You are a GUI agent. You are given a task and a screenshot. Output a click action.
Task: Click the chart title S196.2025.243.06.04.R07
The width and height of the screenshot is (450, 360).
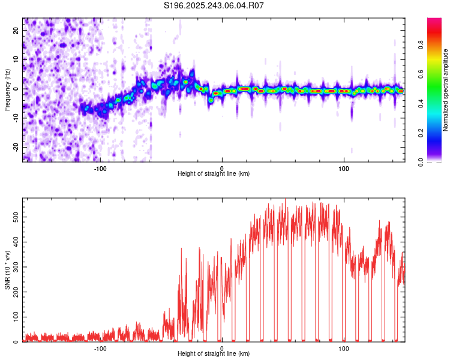[x=214, y=5]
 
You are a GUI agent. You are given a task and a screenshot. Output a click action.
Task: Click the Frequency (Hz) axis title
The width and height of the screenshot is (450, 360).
[x=7, y=90]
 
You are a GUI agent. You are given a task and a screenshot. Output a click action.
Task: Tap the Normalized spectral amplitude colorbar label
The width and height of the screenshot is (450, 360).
[x=446, y=90]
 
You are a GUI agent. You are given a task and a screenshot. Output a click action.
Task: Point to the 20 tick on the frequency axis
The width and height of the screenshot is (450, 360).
[x=17, y=31]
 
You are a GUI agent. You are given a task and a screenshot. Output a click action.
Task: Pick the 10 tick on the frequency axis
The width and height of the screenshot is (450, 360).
[x=17, y=60]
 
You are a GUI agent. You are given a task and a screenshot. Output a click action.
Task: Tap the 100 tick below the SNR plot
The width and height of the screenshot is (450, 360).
[x=344, y=347]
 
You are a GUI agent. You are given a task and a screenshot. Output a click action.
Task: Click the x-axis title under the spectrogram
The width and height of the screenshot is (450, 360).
[x=214, y=174]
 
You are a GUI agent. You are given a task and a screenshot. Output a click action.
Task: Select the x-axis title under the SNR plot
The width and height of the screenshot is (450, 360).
[x=214, y=354]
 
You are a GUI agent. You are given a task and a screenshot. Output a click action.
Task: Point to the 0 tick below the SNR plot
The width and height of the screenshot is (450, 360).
[x=222, y=347]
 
